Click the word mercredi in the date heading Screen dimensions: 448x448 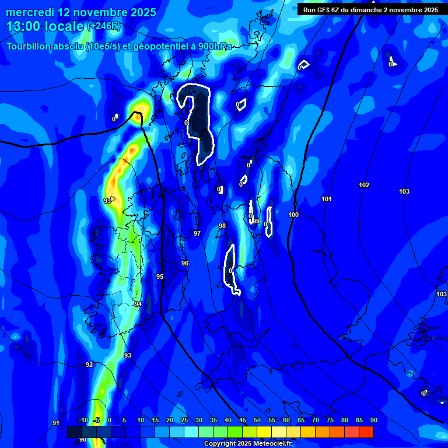30,12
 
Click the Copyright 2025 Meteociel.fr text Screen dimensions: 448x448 247,443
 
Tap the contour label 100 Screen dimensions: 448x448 293,215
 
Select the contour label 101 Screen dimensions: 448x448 327,199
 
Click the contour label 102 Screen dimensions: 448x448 364,185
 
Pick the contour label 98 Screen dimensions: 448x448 222,226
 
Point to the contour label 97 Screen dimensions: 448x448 197,233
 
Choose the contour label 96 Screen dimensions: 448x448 185,264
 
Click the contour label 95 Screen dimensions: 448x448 160,277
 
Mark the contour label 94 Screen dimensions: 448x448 138,304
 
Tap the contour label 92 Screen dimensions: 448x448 89,365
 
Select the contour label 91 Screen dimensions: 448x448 56,423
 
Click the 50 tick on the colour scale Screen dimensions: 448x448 257,421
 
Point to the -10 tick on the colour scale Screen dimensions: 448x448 83,421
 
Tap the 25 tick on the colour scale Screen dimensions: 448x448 184,421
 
